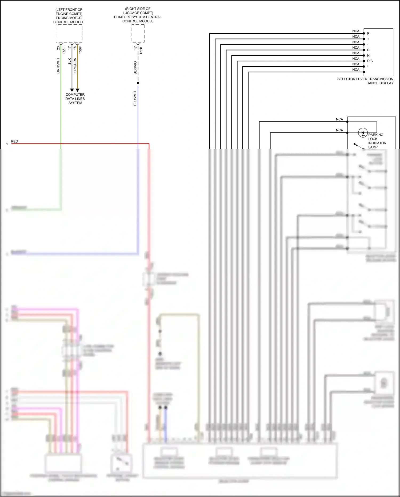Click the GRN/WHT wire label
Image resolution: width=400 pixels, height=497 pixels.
[x=58, y=66]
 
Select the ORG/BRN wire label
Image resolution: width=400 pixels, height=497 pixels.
[x=75, y=65]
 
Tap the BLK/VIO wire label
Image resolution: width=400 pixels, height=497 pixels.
[x=135, y=68]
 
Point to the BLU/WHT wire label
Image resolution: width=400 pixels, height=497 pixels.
[x=135, y=98]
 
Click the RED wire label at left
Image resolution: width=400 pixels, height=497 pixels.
[x=14, y=141]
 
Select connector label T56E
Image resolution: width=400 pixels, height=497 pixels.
[x=64, y=50]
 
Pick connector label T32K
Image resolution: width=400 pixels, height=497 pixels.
[x=141, y=50]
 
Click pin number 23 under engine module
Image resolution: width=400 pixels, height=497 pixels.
[x=58, y=48]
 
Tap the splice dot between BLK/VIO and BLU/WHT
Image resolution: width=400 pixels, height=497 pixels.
[x=138, y=83]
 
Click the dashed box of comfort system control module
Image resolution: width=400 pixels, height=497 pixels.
[x=138, y=33]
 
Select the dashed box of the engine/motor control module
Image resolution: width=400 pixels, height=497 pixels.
[x=69, y=33]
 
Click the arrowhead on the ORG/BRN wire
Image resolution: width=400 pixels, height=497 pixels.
[x=77, y=90]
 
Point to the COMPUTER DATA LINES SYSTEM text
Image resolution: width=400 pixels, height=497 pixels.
[x=75, y=99]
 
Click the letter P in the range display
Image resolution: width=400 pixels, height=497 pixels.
[x=368, y=33]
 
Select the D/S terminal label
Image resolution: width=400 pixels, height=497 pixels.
[x=370, y=61]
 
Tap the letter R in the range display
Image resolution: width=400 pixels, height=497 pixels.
[x=368, y=50]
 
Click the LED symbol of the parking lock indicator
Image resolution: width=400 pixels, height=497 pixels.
[x=363, y=133]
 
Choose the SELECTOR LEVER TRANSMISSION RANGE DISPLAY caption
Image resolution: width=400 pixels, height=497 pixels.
[x=365, y=81]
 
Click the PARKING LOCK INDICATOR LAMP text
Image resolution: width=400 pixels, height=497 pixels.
[x=377, y=141]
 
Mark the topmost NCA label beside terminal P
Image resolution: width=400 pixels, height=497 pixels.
[x=356, y=31]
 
